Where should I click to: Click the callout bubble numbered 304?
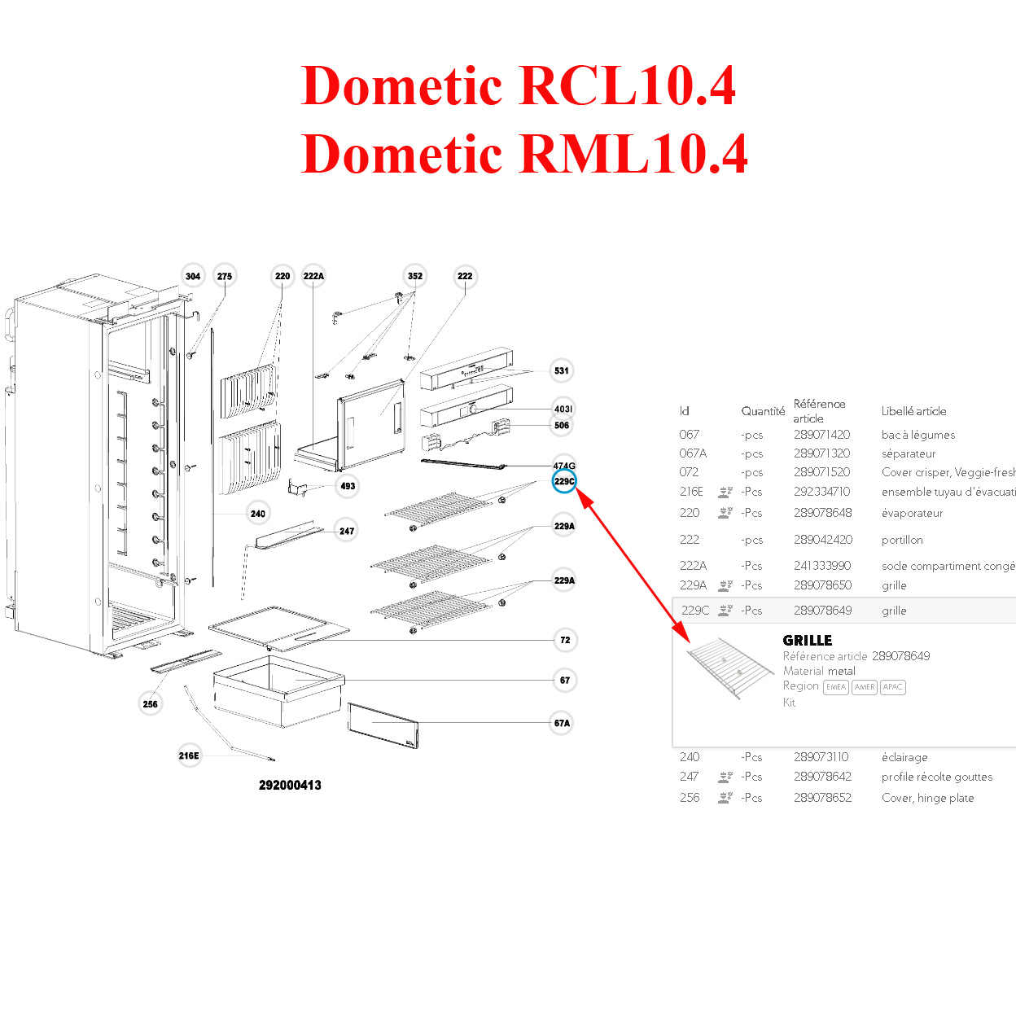[193, 276]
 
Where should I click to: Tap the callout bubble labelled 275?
[225, 276]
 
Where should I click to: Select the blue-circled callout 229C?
[564, 481]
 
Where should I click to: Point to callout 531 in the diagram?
[562, 370]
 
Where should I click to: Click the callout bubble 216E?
[189, 755]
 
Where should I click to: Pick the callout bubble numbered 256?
[151, 704]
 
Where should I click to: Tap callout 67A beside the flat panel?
[562, 723]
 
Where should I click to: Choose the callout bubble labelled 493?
[348, 486]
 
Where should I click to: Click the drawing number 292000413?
[290, 786]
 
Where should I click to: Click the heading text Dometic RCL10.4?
[519, 85]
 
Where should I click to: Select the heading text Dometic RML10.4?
[524, 154]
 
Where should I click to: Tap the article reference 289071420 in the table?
[821, 435]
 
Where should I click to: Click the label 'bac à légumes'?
[917, 435]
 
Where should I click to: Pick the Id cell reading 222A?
[693, 566]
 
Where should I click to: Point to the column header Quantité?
[763, 411]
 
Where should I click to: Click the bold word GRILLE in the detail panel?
[807, 641]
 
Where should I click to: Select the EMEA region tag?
[836, 687]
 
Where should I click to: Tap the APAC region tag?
[892, 687]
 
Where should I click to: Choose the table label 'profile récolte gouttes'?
[936, 777]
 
